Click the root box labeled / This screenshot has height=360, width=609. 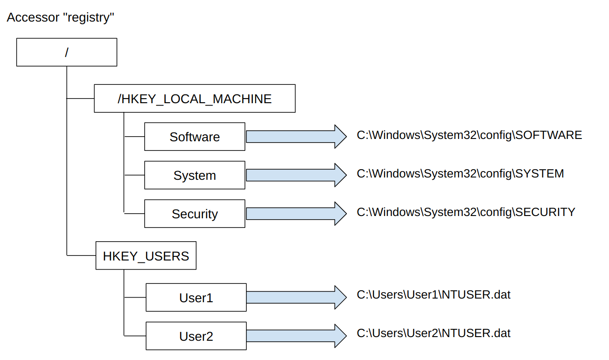(x=67, y=52)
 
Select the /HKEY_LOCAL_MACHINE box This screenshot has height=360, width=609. (x=195, y=99)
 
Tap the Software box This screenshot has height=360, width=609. (x=195, y=137)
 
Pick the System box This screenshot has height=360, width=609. (x=195, y=175)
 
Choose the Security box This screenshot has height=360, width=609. (x=195, y=214)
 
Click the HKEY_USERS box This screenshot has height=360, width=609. (x=146, y=255)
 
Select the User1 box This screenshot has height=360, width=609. (x=196, y=298)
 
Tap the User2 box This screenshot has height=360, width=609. (x=196, y=336)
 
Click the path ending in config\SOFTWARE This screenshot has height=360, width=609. (x=469, y=135)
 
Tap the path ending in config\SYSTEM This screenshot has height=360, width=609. (x=460, y=174)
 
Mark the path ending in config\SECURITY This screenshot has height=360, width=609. (x=466, y=212)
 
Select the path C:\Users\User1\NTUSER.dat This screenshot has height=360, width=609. (x=434, y=294)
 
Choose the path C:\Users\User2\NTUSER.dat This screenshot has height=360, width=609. (x=434, y=333)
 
